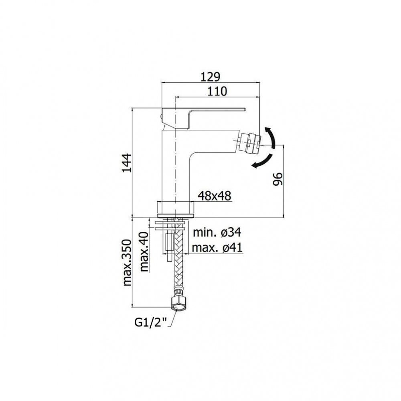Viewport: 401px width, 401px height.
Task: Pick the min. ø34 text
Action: click(x=217, y=232)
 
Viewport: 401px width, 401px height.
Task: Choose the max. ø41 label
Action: click(x=217, y=248)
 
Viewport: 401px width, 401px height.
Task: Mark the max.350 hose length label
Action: click(x=128, y=263)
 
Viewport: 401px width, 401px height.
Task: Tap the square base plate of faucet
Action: click(x=176, y=209)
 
